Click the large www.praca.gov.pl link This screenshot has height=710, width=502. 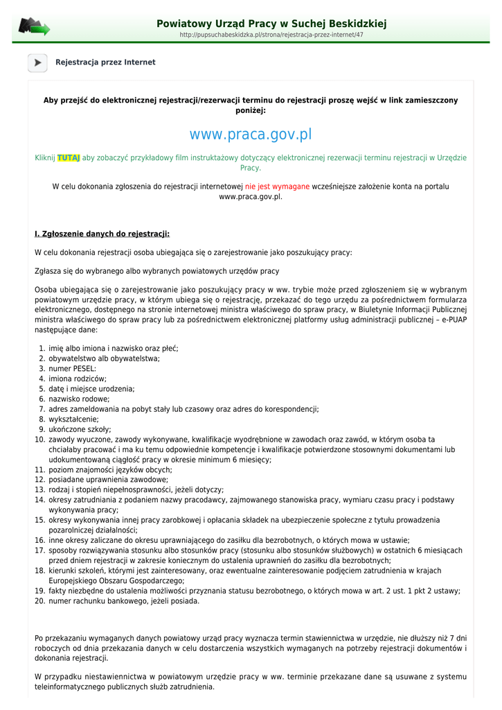pos(251,134)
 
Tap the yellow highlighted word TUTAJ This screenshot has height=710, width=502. pos(69,158)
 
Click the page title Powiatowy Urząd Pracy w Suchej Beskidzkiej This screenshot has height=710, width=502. pos(271,24)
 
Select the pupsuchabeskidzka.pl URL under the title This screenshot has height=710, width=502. pos(271,35)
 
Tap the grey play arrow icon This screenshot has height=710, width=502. pos(37,62)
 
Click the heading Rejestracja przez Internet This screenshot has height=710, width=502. pos(105,62)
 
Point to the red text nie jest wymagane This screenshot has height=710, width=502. pos(277,187)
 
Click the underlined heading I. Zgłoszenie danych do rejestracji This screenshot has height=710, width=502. pos(102,234)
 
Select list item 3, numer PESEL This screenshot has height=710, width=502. pos(72,369)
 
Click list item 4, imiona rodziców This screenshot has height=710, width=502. pos(77,379)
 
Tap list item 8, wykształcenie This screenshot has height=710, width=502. pos(73,419)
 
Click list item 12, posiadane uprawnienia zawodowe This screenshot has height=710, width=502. pos(108,480)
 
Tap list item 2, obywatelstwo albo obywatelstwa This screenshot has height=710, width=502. pos(104,358)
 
